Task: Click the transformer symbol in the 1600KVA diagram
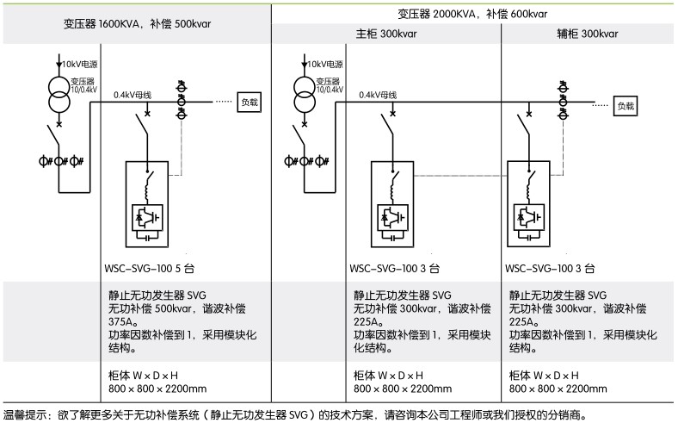[59, 92]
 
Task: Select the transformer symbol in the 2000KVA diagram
[303, 92]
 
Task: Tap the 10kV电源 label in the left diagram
[80, 64]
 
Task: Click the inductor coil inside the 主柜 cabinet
[395, 184]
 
